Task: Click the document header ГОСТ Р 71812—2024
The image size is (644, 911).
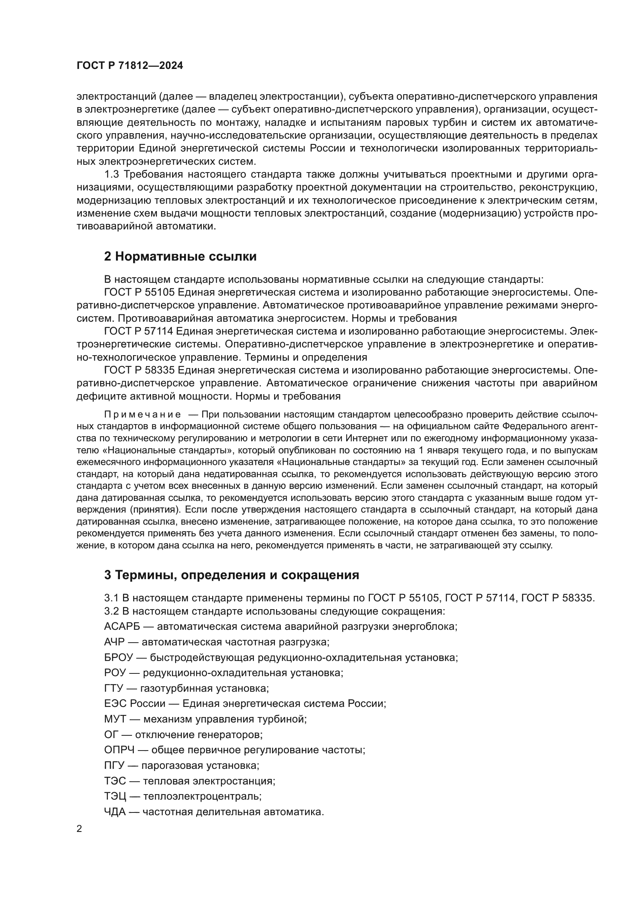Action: coord(130,66)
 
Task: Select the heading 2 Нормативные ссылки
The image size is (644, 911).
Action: coord(180,257)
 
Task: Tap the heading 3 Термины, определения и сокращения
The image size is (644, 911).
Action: coord(231,575)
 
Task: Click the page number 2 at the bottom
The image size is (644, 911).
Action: coord(79,829)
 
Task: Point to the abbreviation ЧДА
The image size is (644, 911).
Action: coord(114,812)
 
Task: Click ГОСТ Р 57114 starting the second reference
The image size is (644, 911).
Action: coord(139,331)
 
